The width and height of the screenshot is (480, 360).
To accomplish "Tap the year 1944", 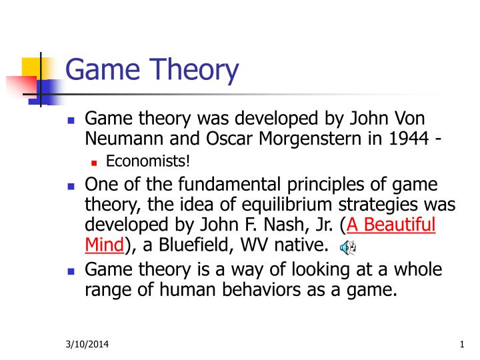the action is pyautogui.click(x=409, y=138).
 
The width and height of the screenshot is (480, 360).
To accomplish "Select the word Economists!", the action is pyautogui.click(x=147, y=161).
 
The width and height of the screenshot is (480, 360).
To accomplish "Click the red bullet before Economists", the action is pyautogui.click(x=94, y=163).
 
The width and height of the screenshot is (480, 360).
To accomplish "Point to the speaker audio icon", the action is pyautogui.click(x=349, y=247).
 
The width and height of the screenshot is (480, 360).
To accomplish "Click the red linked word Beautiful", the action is pyautogui.click(x=399, y=225).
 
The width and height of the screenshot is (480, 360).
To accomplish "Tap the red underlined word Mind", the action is pyautogui.click(x=105, y=245).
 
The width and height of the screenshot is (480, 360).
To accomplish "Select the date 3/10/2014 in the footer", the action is pyautogui.click(x=87, y=344).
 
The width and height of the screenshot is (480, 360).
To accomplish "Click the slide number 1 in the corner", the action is pyautogui.click(x=462, y=345).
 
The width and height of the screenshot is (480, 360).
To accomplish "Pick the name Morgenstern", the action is pyautogui.click(x=310, y=139).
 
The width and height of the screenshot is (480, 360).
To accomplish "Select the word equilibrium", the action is pyautogui.click(x=287, y=205).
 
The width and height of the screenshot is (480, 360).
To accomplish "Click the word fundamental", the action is pyautogui.click(x=229, y=184).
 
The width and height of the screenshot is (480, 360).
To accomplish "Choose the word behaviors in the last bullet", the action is pyautogui.click(x=261, y=289).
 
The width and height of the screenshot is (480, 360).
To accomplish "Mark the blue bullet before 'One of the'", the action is pyautogui.click(x=71, y=186).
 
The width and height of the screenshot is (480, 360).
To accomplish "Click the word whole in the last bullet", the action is pyautogui.click(x=418, y=269).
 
